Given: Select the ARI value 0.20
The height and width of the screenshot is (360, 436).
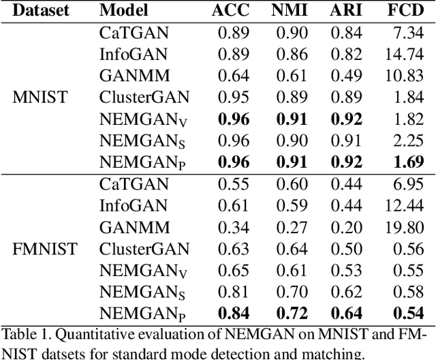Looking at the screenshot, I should [348, 226].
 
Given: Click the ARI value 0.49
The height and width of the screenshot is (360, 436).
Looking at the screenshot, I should [348, 76].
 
